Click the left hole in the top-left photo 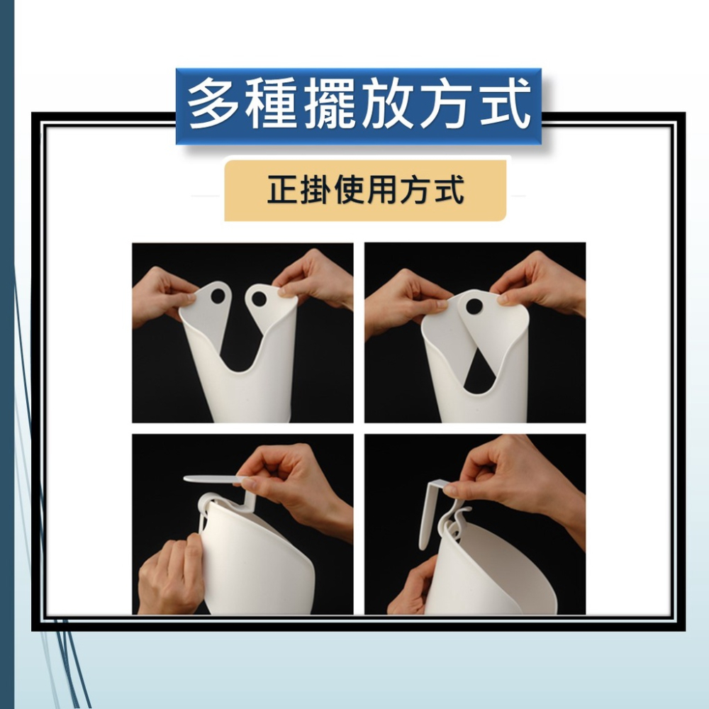tap(218, 295)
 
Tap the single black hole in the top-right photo tap(474, 306)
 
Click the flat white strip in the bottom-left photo tap(213, 480)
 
